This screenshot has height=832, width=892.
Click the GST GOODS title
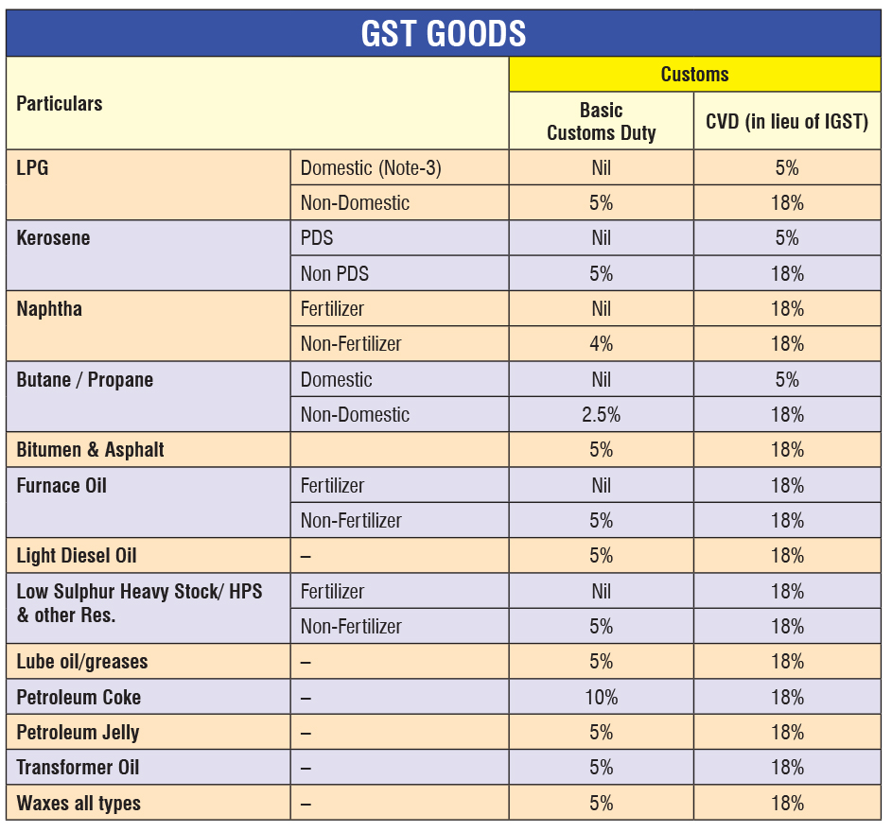[444, 33]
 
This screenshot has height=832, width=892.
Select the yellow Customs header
[694, 75]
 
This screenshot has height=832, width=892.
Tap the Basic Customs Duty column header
[602, 121]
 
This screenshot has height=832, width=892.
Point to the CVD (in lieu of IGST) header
[787, 122]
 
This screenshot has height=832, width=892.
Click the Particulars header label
[60, 103]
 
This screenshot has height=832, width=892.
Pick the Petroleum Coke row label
[79, 697]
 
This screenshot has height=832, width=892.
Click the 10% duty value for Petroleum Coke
[602, 697]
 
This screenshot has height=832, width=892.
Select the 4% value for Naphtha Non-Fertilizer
[602, 343]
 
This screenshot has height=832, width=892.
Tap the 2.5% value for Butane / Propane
[602, 414]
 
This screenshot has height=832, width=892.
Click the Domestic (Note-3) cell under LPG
[371, 167]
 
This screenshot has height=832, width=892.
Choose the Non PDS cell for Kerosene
[335, 273]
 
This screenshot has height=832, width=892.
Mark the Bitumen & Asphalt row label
[90, 449]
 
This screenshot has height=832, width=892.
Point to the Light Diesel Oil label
[77, 555]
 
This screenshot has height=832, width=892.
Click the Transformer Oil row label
[78, 767]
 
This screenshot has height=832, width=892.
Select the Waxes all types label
[79, 803]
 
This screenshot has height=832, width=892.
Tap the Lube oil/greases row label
[82, 661]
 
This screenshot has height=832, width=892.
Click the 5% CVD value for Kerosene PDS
[787, 237]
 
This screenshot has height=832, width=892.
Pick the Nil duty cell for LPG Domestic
[602, 167]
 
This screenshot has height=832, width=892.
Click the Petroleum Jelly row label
[78, 732]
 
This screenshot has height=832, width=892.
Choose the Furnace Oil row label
[61, 485]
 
